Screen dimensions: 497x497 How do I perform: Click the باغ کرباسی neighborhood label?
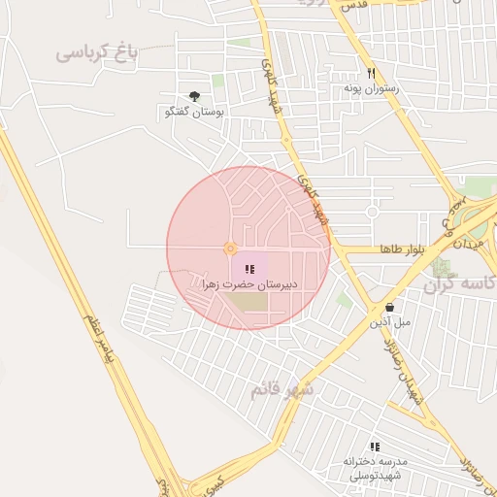96,53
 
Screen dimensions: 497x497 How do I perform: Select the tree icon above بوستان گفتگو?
195,95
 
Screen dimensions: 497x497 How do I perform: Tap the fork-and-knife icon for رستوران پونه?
371,73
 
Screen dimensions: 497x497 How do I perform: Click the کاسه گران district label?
461,284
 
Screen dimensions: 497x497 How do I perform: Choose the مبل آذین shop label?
389,320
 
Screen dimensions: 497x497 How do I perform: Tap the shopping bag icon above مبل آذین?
389,306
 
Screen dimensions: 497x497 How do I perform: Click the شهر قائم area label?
282,389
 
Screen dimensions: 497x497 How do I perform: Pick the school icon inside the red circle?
249,269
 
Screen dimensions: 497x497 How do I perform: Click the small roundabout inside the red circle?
230,248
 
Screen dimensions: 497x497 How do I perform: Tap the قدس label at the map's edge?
352,5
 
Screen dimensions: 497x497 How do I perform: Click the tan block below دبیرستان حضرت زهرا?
248,302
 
